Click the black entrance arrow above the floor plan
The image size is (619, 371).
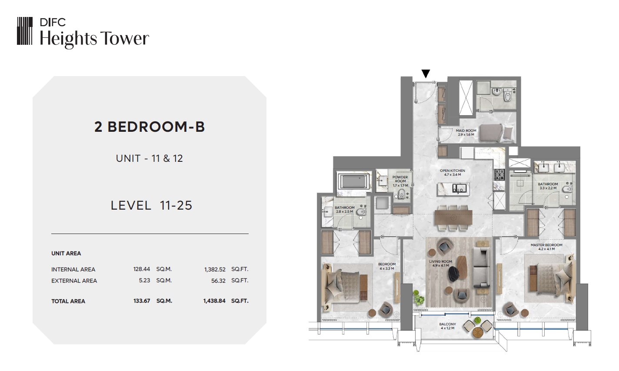click(426, 74)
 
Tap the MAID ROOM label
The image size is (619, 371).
click(466, 130)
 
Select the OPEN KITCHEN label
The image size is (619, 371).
click(453, 170)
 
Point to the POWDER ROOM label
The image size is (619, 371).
click(400, 179)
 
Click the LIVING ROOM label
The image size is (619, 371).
click(440, 261)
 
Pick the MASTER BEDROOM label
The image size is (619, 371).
click(546, 245)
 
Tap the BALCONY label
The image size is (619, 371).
click(447, 324)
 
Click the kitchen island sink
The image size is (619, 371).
click(459, 188)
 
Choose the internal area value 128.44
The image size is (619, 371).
click(141, 269)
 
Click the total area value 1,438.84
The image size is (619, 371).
click(214, 301)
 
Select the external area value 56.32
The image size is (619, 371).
click(218, 281)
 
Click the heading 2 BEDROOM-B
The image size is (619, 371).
click(150, 127)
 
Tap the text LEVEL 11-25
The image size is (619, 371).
click(151, 205)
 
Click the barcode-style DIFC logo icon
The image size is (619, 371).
click(25, 31)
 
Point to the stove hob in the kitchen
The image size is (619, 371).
click(499, 175)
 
